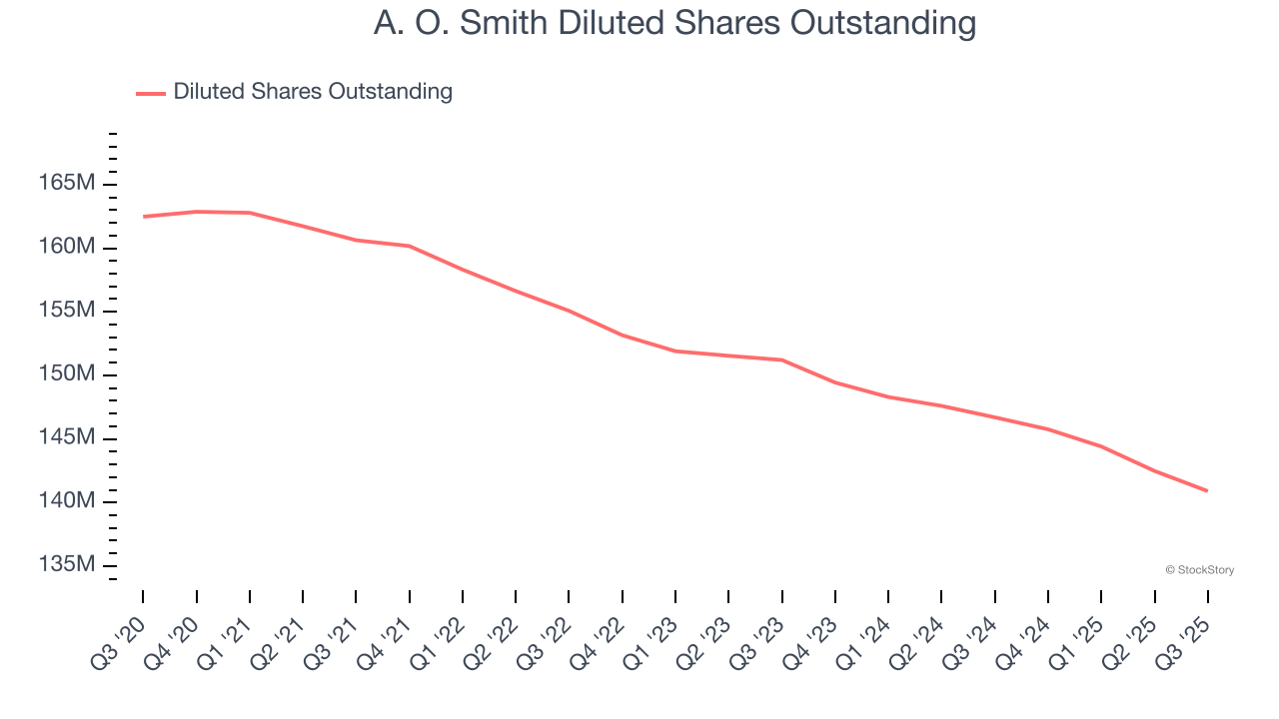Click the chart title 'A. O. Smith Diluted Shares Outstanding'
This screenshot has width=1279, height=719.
click(674, 23)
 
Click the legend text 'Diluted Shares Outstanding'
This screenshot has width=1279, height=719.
click(313, 92)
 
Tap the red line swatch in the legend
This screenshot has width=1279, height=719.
click(151, 93)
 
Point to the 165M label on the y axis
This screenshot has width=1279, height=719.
click(67, 184)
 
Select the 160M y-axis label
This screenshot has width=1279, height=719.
click(67, 247)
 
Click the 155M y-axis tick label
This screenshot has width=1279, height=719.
click(67, 311)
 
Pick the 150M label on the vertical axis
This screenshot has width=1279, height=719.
click(67, 374)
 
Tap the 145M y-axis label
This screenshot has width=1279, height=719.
click(67, 437)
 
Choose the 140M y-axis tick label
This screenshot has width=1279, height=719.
click(67, 501)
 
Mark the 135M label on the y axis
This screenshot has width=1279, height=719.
click(67, 565)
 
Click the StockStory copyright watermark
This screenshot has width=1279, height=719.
click(1199, 570)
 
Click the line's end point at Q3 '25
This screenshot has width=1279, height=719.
click(1208, 490)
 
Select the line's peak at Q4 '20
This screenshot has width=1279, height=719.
click(196, 212)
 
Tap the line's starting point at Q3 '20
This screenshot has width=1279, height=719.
click(143, 217)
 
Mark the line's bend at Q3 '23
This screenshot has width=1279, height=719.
click(781, 359)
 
